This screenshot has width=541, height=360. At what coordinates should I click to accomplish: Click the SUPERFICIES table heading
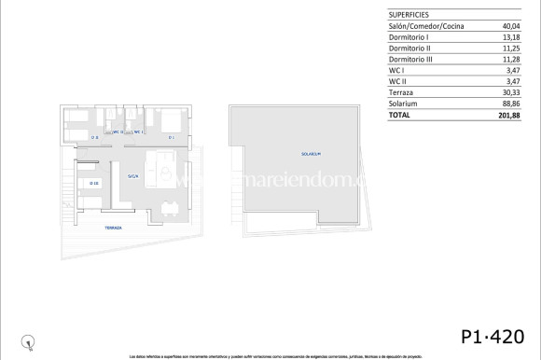tap(409, 14)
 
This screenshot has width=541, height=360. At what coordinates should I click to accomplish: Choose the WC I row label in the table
tap(395, 71)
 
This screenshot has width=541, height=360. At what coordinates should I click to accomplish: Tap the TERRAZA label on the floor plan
tap(112, 227)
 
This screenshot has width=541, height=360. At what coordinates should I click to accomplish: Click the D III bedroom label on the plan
tap(93, 183)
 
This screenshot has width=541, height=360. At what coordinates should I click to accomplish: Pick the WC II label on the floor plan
tap(118, 132)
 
